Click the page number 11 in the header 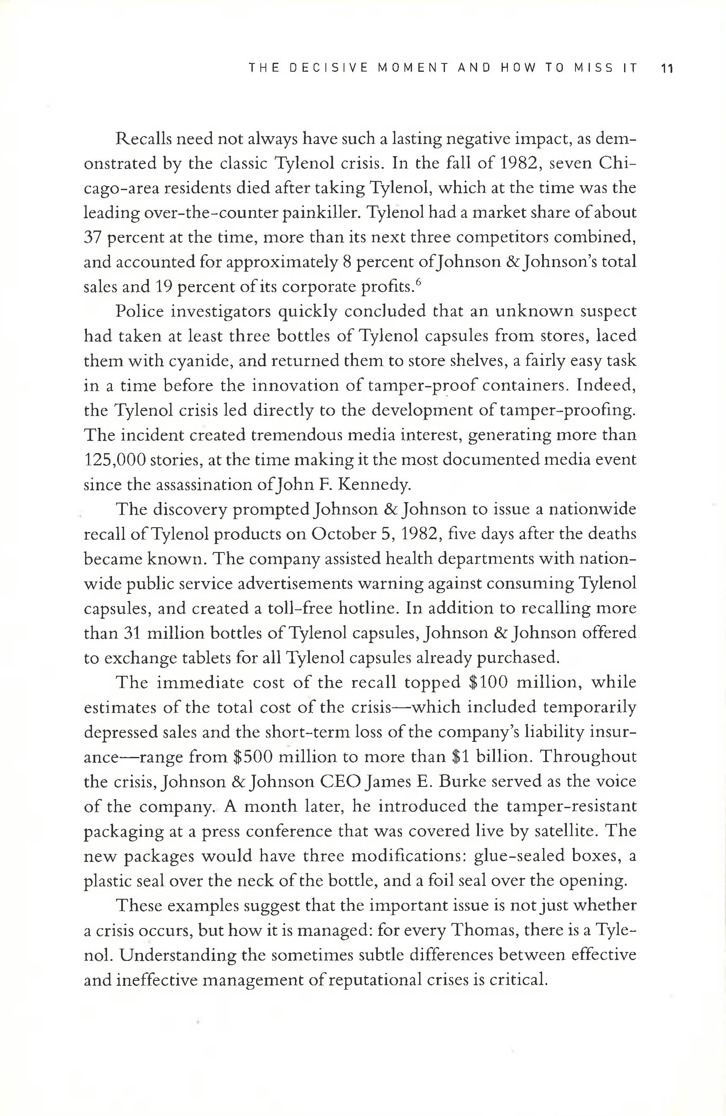pos(666,68)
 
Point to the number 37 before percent pos(93,237)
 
